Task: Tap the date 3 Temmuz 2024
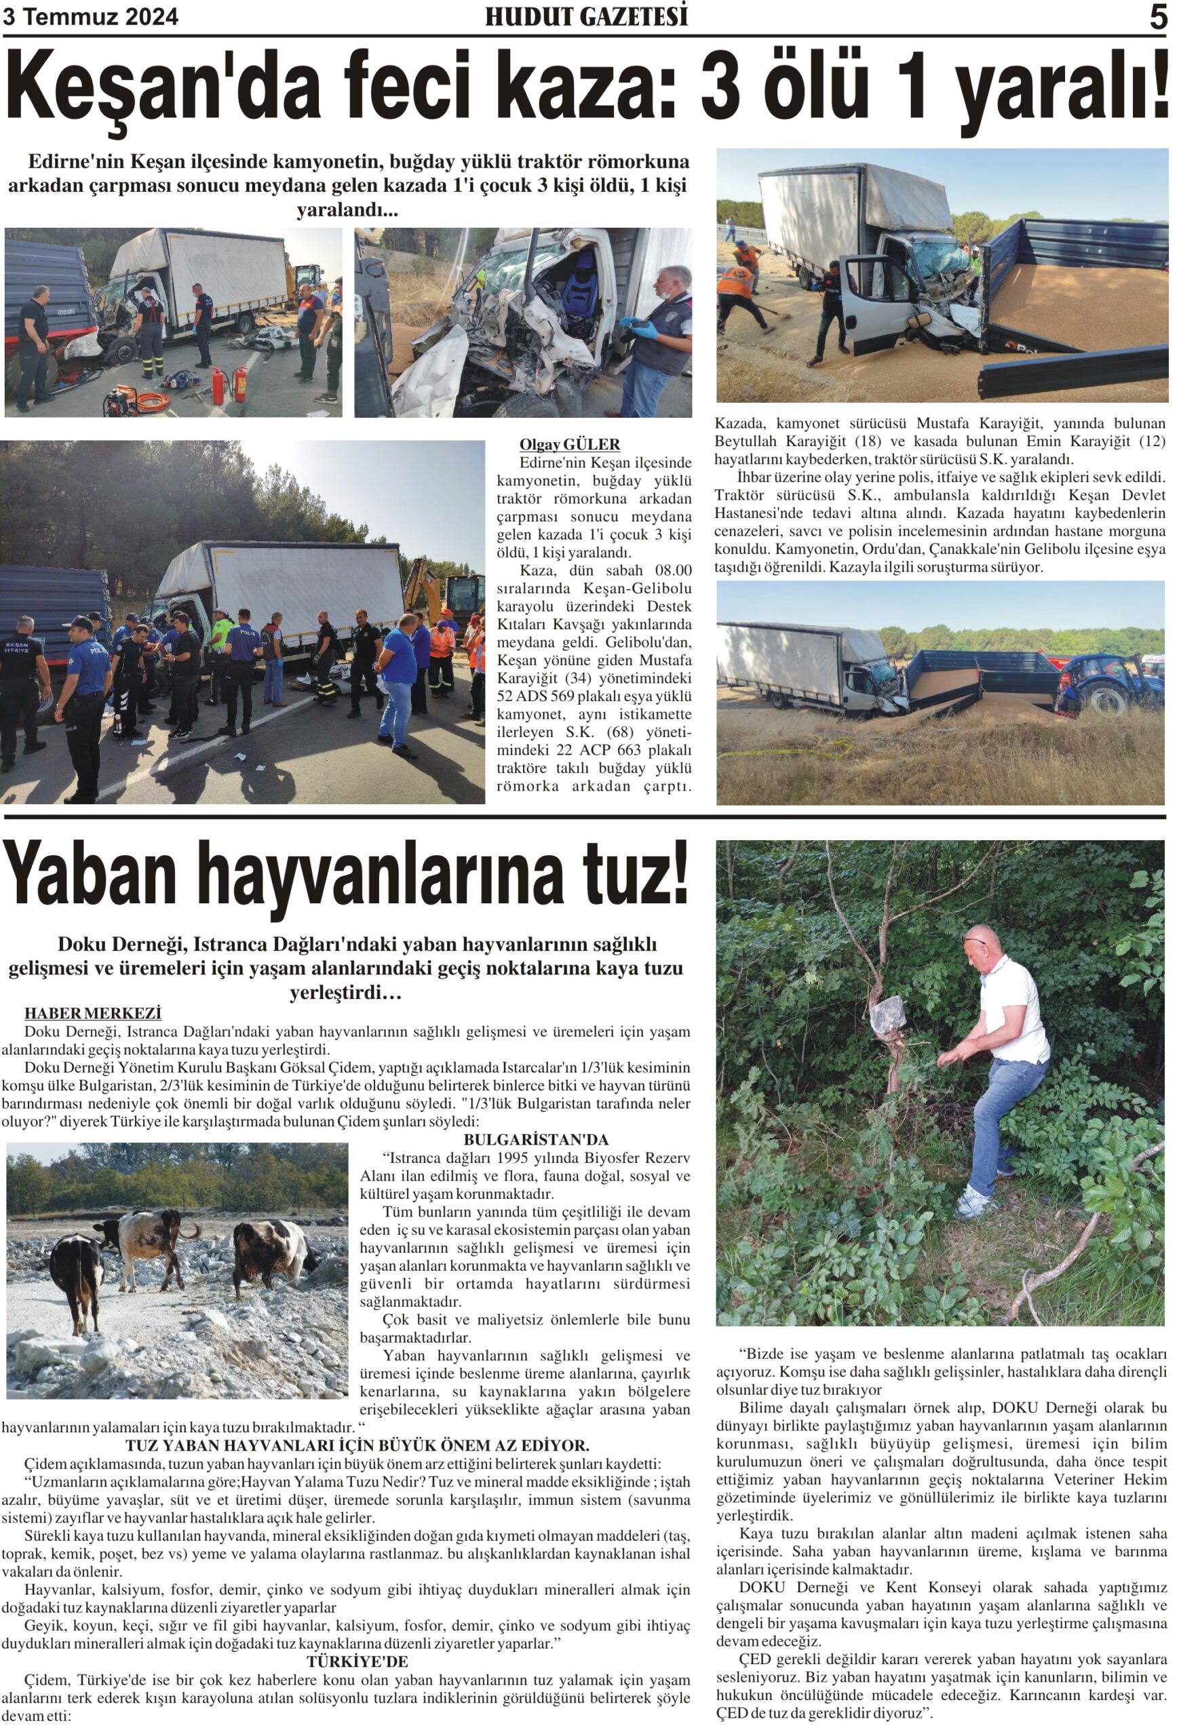click(x=90, y=17)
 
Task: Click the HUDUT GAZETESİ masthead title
click(x=586, y=16)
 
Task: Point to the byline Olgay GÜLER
click(x=569, y=444)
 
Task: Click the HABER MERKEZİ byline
click(x=93, y=1013)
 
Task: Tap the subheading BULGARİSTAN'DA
click(x=536, y=1140)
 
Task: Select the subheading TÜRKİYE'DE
click(x=357, y=1661)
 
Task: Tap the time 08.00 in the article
click(x=673, y=571)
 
